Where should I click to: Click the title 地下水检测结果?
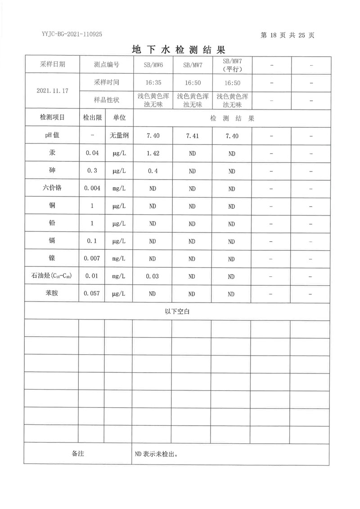point(179,49)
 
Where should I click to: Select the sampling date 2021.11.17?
point(52,91)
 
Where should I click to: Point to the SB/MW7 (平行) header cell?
point(232,64)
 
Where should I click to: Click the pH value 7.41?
point(192,136)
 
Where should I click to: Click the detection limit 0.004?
point(92,189)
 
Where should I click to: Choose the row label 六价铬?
point(52,188)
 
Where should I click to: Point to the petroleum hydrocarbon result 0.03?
point(153,276)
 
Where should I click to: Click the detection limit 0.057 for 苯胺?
point(92,294)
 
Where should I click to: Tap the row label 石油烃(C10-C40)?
point(52,276)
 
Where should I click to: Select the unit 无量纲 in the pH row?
point(119,135)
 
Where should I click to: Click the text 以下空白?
point(178,311)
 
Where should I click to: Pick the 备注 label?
point(78,454)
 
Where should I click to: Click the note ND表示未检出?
point(156,454)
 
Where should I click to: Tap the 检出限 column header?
point(92,118)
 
